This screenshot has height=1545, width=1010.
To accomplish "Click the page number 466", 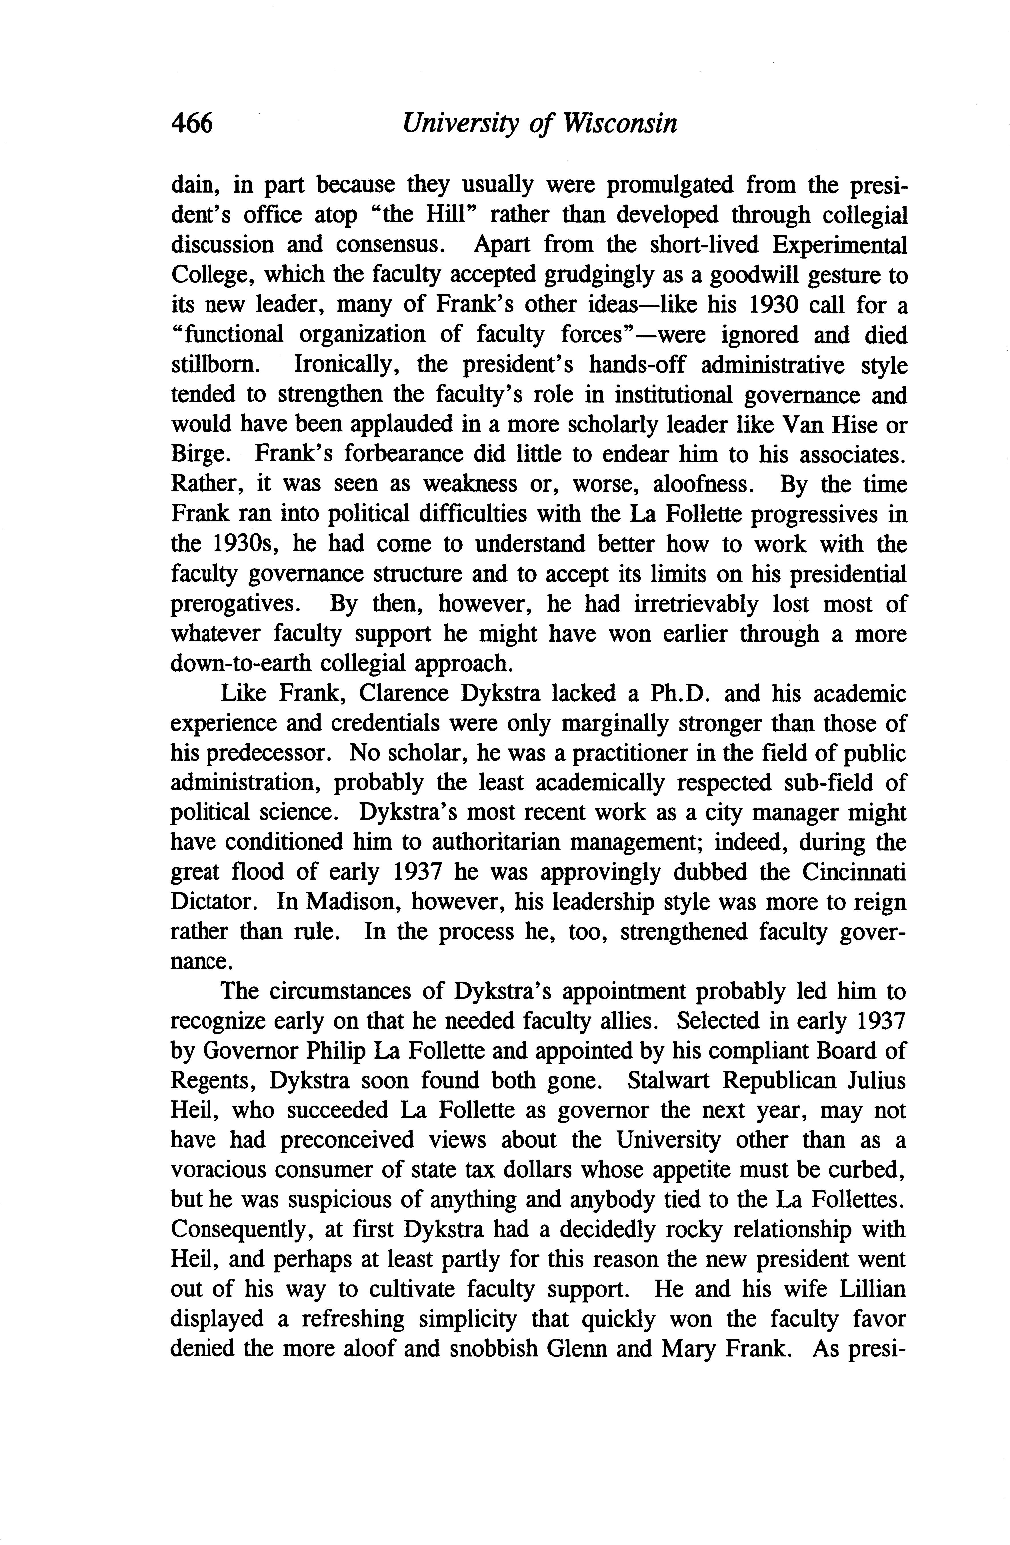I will (191, 123).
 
